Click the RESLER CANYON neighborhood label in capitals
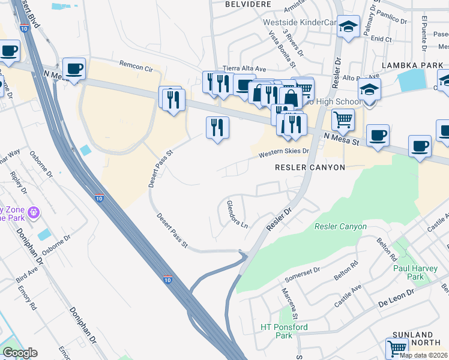pyautogui.click(x=310, y=167)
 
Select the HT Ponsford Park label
pyautogui.click(x=284, y=331)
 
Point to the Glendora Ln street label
pyautogui.click(x=237, y=215)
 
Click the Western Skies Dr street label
pyautogui.click(x=283, y=154)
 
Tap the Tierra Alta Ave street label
pyautogui.click(x=244, y=68)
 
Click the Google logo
pyautogui.click(x=20, y=353)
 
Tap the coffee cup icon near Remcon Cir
pyautogui.click(x=74, y=68)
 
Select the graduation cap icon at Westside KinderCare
pyautogui.click(x=348, y=26)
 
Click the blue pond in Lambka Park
pyautogui.click(x=411, y=80)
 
